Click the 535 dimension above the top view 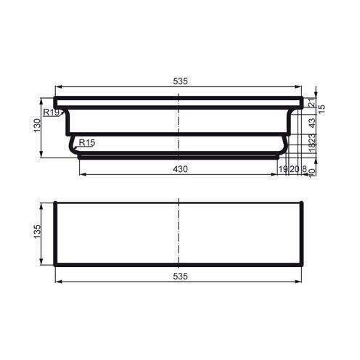(x=180, y=81)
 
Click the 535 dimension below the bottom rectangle (x=180, y=277)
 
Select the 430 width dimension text (x=180, y=169)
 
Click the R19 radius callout (x=51, y=112)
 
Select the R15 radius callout (x=86, y=142)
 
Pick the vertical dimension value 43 (x=312, y=121)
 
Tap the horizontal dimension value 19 (x=282, y=169)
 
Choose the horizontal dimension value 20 (x=294, y=169)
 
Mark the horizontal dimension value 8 (x=304, y=169)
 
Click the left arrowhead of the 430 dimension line (x=80, y=175)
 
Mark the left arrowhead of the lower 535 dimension (x=59, y=282)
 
